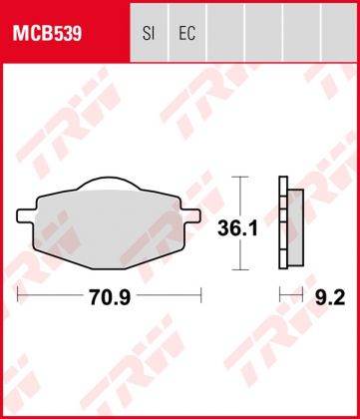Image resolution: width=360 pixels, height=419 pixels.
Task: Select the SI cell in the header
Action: pos(148,34)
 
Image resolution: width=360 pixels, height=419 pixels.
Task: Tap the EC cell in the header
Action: pos(185,34)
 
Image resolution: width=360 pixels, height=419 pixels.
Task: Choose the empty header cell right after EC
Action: pos(225,34)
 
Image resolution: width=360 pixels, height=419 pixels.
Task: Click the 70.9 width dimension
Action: pos(109,295)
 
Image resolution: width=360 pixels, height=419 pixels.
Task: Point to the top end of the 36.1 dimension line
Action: pos(237,178)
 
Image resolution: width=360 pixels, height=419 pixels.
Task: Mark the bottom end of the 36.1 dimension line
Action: pos(237,269)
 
